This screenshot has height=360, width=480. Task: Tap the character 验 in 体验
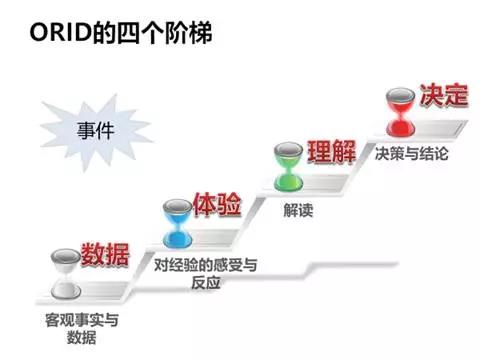pyautogui.click(x=228, y=206)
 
